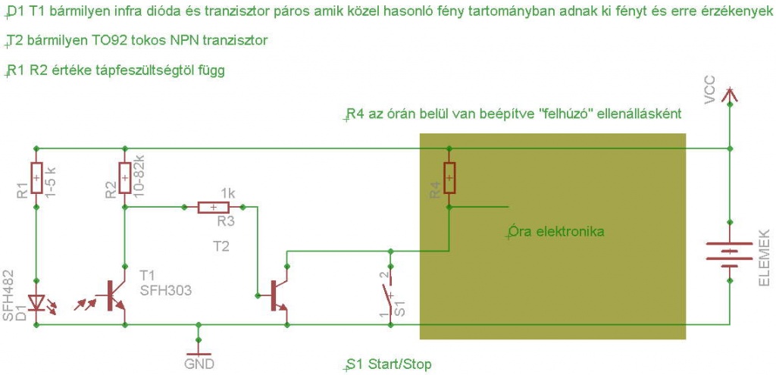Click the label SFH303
coord(166,290)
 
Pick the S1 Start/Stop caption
coord(390,364)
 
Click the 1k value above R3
coord(228,193)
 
